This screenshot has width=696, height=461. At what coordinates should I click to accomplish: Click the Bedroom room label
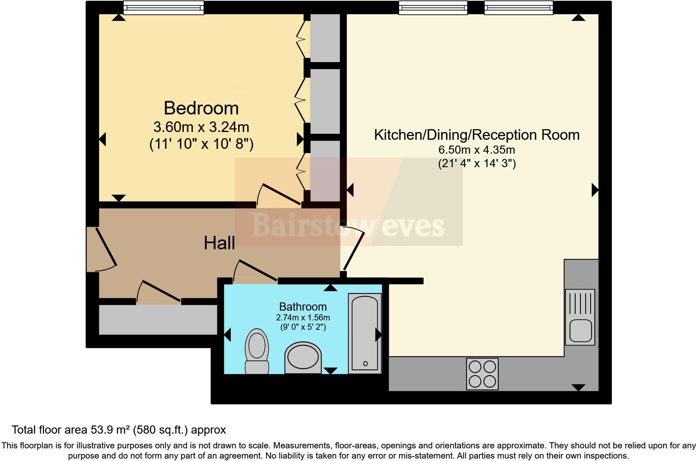[201, 108]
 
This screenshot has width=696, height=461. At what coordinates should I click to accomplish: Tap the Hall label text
[219, 243]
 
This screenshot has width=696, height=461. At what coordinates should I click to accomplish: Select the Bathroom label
[303, 307]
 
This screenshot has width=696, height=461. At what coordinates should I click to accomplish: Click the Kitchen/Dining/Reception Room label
[477, 135]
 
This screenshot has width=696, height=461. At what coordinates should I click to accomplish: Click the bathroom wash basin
[303, 357]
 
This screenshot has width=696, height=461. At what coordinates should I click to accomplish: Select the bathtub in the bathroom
[364, 333]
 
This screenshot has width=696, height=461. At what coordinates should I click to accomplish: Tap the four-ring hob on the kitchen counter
[482, 374]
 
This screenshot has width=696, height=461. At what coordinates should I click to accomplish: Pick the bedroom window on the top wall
[163, 7]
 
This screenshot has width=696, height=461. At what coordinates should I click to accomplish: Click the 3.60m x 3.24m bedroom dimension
[201, 127]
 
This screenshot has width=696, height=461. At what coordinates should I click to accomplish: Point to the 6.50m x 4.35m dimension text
[477, 150]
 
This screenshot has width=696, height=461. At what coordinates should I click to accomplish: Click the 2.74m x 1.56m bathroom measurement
[303, 318]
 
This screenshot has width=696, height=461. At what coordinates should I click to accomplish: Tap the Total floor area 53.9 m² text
[118, 430]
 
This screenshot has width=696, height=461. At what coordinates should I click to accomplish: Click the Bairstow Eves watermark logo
[348, 225]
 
